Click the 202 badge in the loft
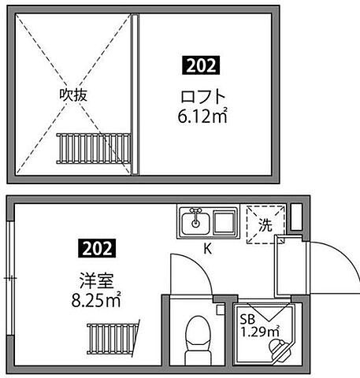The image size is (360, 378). (201, 66)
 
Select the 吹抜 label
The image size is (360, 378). (73, 94)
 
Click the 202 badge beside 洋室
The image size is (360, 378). (96, 249)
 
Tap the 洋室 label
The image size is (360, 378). (91, 279)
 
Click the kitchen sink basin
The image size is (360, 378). (192, 223)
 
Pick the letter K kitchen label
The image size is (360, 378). (208, 250)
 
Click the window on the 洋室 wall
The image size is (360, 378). (9, 277)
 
